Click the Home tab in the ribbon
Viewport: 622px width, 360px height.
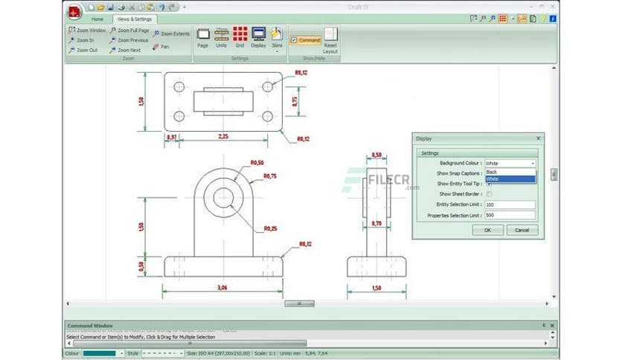[x=97, y=19]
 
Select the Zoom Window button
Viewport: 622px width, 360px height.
[x=88, y=30]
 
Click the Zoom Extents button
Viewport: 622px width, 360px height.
[x=172, y=33]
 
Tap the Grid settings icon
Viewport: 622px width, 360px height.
[x=240, y=37]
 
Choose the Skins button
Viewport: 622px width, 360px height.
[x=277, y=37]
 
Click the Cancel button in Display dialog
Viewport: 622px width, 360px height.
[x=522, y=231]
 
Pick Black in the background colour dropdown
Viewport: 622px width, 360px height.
[x=492, y=172]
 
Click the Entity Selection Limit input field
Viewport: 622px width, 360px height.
[x=510, y=205]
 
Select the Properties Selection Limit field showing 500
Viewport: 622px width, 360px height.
[x=510, y=216]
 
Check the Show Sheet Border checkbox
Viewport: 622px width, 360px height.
[x=489, y=194]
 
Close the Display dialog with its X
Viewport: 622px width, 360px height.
[x=538, y=138]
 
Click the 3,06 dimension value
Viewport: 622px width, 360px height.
[x=222, y=287]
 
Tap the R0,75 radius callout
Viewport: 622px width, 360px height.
[x=269, y=176]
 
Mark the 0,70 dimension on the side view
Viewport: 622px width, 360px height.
[x=376, y=223]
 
